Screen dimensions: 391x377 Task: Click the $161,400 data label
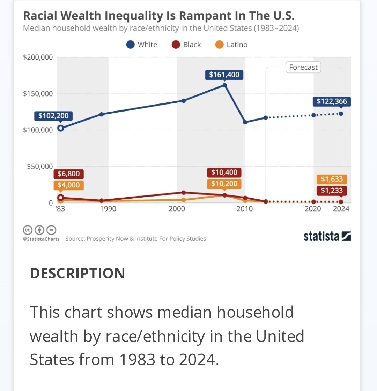pyautogui.click(x=224, y=75)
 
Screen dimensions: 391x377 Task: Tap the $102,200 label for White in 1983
pyautogui.click(x=53, y=116)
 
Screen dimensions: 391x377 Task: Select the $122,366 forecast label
pyautogui.click(x=332, y=101)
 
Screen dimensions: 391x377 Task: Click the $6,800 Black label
pyautogui.click(x=68, y=174)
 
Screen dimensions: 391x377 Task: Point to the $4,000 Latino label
pyautogui.click(x=68, y=185)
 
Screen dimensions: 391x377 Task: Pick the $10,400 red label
pyautogui.click(x=224, y=172)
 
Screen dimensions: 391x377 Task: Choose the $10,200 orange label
pyautogui.click(x=224, y=184)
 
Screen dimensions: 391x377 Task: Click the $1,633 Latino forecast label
pyautogui.click(x=332, y=179)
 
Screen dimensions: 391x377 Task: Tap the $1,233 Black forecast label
pyautogui.click(x=332, y=191)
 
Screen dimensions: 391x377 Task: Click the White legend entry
pyautogui.click(x=142, y=45)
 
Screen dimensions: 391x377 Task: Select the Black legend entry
pyautogui.click(x=186, y=45)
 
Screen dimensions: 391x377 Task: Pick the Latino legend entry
pyautogui.click(x=231, y=45)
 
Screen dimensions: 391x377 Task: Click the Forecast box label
pyautogui.click(x=303, y=67)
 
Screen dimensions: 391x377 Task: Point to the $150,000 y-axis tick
pyautogui.click(x=38, y=93)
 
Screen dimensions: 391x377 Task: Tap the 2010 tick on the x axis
pyautogui.click(x=244, y=209)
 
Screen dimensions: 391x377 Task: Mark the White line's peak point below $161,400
pyautogui.click(x=224, y=85)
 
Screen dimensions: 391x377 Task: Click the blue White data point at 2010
pyautogui.click(x=245, y=122)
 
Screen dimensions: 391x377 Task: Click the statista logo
pyautogui.click(x=327, y=236)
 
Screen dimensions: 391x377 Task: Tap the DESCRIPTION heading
pyautogui.click(x=77, y=273)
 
